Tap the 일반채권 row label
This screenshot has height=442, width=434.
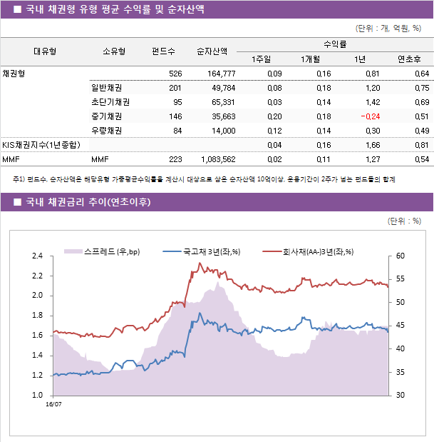[x=106, y=89]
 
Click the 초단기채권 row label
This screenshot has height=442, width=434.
[x=110, y=102]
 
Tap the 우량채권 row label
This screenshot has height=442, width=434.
[x=106, y=131]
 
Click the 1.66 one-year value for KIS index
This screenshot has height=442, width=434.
[x=370, y=145]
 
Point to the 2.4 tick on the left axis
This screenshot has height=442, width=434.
[x=37, y=256]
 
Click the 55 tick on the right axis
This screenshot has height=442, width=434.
[x=401, y=279]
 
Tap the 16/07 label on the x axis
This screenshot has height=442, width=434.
[x=53, y=404]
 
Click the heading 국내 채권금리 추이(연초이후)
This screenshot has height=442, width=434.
[x=88, y=202]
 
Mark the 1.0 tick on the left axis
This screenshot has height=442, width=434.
[x=37, y=395]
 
